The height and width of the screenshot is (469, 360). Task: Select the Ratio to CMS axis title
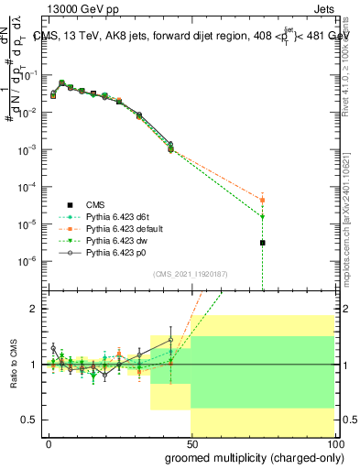pyautogui.click(x=13, y=365)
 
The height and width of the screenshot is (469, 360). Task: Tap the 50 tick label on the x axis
pyautogui.click(x=191, y=442)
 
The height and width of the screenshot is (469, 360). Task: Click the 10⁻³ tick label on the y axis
pyautogui.click(x=30, y=149)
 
